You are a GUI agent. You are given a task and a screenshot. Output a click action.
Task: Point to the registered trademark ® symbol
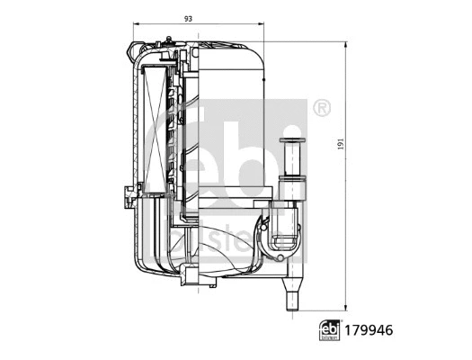click(319, 109)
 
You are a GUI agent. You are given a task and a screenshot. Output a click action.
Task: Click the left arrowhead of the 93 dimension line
click(137, 25)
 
